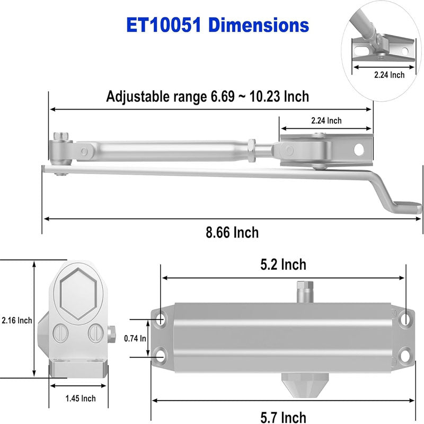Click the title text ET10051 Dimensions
(x=218, y=24)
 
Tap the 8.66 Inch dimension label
(x=233, y=232)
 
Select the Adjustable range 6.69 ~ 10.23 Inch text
(x=207, y=96)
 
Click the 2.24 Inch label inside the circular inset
(x=388, y=75)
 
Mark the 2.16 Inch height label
(x=16, y=320)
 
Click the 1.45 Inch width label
(x=81, y=398)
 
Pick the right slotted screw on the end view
(x=95, y=333)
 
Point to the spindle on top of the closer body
(x=305, y=290)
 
